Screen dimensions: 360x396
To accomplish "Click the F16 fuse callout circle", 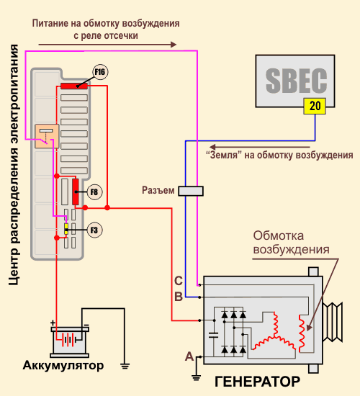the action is coord(100,72).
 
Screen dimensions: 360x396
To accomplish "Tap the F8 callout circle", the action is coord(94,192).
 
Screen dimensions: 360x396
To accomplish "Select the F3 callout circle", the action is coord(94,230).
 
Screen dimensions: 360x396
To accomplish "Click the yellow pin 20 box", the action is coord(315,106).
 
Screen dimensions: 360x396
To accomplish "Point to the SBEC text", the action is coord(296,81).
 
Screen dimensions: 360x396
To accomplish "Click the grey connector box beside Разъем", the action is coord(191,191).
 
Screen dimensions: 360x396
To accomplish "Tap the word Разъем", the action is coord(158,190).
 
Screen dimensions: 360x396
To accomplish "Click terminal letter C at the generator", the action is coord(179,281).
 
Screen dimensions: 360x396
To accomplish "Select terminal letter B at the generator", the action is coord(179,297).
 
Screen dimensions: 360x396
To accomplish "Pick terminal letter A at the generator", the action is coord(189,356).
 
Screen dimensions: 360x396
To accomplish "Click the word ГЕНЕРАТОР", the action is coord(257,382).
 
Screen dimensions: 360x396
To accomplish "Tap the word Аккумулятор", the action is coord(63,365).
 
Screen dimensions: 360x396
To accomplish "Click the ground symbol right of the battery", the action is coord(125,366).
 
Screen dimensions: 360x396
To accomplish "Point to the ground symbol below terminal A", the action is coord(196,378).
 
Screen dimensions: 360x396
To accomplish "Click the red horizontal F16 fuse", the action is coord(74,86).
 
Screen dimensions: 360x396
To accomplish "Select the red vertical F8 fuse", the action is coord(76,192).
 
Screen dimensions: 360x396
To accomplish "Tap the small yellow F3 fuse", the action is coord(66,229).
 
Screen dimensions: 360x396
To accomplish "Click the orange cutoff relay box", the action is coord(47,136).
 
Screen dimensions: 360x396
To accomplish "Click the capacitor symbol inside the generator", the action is coord(214,335).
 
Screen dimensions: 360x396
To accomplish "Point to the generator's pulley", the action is coord(333,322).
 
